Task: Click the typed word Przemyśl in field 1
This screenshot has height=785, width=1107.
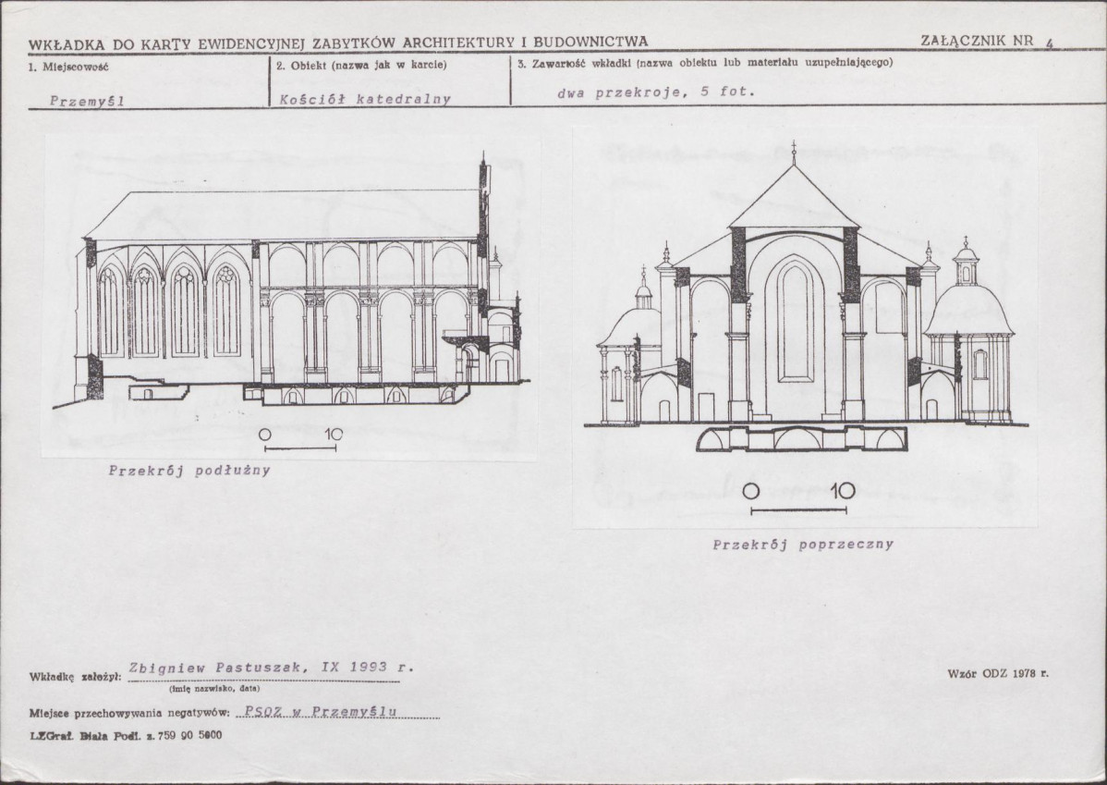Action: (x=88, y=101)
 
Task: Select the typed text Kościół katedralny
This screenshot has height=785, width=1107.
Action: (x=365, y=98)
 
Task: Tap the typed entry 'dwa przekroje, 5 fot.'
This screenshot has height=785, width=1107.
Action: (x=656, y=92)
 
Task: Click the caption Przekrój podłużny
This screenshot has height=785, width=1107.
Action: (x=189, y=471)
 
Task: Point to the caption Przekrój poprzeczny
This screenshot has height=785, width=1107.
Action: (x=802, y=545)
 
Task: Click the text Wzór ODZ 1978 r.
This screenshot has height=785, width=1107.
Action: (x=998, y=673)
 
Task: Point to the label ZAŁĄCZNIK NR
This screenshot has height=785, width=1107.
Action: (x=978, y=40)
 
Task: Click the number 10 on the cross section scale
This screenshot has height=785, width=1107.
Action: (x=841, y=491)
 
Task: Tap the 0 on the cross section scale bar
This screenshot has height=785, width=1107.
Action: (x=751, y=491)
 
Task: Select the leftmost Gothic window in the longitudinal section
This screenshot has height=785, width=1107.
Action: (x=111, y=310)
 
